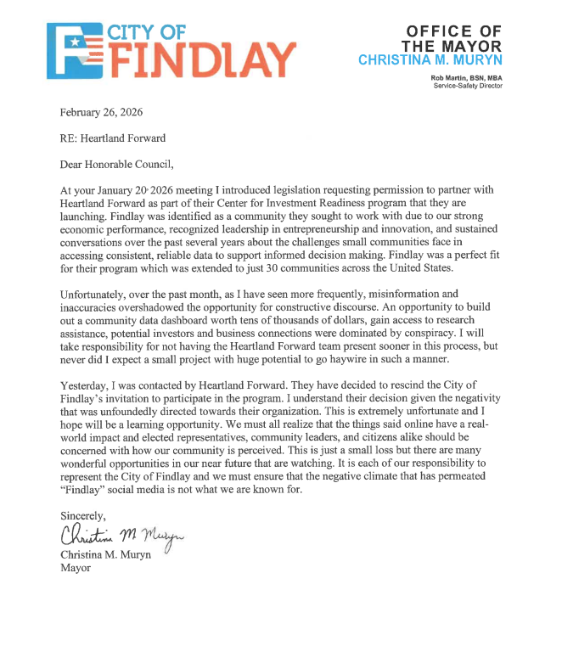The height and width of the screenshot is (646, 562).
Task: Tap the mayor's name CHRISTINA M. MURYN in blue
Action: (x=430, y=59)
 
